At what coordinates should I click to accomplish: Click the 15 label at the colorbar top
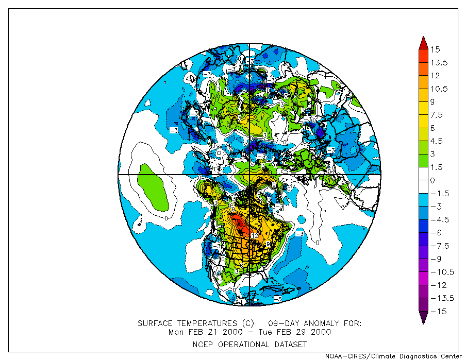click(x=436, y=49)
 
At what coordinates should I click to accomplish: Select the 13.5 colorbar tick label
click(x=440, y=63)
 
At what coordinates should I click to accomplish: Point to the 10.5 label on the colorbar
click(x=440, y=89)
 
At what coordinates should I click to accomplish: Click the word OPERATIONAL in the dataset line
click(x=241, y=344)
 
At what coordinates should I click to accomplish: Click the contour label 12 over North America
click(x=254, y=235)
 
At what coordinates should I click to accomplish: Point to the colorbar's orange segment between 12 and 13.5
click(x=423, y=69)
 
